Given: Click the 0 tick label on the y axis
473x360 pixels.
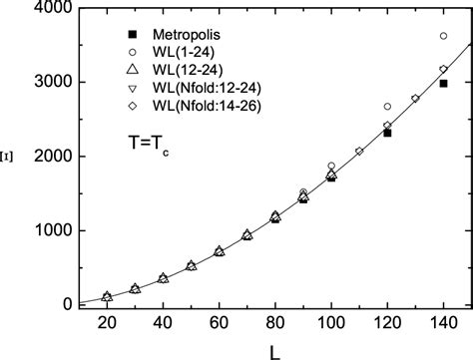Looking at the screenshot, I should pos(57,304).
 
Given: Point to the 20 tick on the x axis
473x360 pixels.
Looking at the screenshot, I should pos(107,325).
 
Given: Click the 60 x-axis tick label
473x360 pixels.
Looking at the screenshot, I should pos(219,325).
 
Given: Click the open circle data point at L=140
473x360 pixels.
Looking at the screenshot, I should pos(443,36).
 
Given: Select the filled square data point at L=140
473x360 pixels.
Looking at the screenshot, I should pos(443,84).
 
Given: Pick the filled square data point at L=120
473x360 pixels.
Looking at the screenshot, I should pos(387,133).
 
